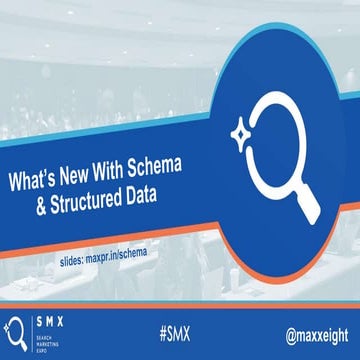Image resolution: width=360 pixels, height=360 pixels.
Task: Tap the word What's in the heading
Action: (x=35, y=186)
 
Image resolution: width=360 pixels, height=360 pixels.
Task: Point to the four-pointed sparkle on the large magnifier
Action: (x=242, y=129)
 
